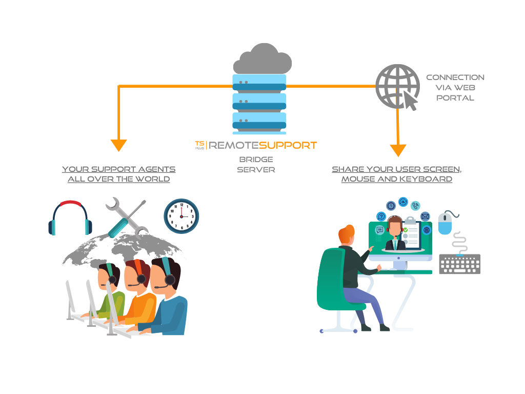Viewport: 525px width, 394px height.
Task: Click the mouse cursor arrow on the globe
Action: [x=411, y=100]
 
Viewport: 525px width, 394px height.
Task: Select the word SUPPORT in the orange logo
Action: [x=288, y=145]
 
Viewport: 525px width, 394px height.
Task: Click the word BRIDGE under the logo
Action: [x=256, y=159]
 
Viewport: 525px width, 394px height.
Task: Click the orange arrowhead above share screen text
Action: [x=398, y=150]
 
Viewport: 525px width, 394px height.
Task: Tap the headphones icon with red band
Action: [x=70, y=218]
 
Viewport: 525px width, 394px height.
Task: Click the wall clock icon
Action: [x=181, y=216]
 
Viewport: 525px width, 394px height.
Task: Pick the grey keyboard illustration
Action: [x=459, y=264]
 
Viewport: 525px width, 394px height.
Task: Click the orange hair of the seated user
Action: [x=347, y=235]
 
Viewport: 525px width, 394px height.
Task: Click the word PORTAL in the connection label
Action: [x=455, y=97]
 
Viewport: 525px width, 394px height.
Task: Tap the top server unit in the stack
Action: [x=259, y=82]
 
